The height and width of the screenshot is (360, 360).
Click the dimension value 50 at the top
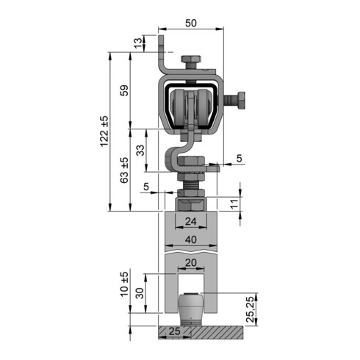coord(191,23)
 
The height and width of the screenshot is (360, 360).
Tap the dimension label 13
coord(138,43)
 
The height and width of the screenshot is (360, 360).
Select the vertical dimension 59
coord(124,90)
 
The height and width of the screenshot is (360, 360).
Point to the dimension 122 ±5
coord(104,132)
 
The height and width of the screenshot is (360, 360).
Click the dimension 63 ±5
coord(124,170)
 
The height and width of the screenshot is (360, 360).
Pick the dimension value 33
coord(140,151)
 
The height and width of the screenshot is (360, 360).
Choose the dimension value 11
coord(234,204)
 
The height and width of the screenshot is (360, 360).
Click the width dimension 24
coord(191,221)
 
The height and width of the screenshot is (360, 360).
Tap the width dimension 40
coord(191,240)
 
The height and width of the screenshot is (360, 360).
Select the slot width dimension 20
coord(191,263)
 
